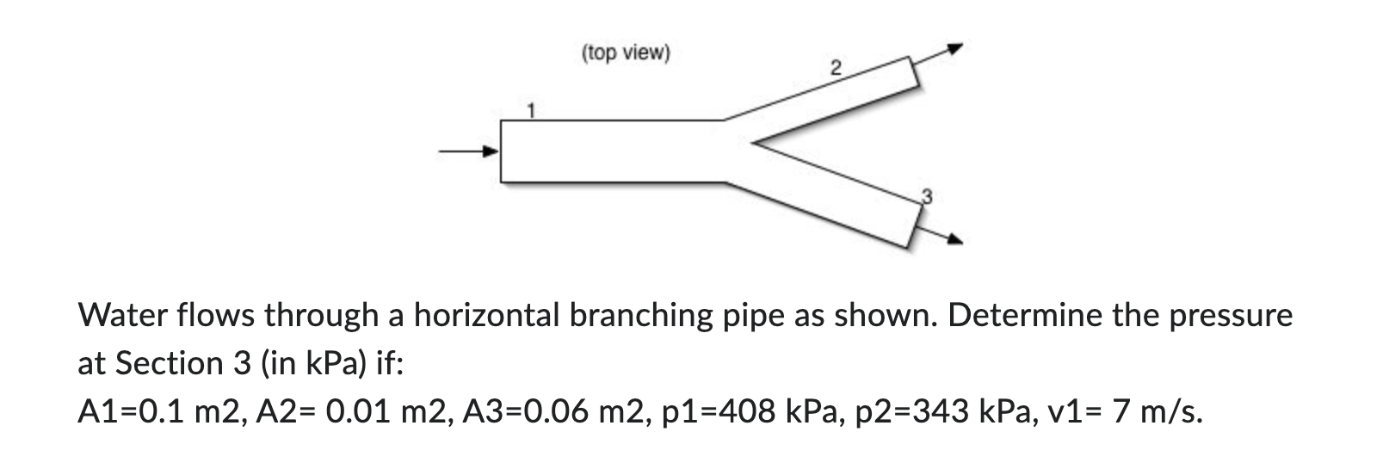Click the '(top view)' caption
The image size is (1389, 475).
pos(625,53)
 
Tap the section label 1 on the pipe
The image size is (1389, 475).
pos(532,110)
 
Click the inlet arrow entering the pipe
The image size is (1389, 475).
pos(470,152)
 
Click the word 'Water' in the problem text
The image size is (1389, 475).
pos(123,317)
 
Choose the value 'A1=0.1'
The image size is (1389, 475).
pos(131,412)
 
